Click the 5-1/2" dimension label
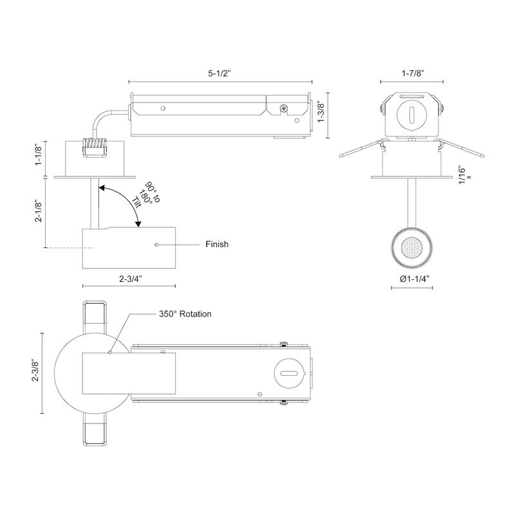[x=220, y=73]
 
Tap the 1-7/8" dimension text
[x=413, y=73]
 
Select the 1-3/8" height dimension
[x=321, y=112]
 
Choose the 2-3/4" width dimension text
[x=131, y=279]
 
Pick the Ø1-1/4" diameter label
[x=415, y=279]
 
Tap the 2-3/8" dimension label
[x=35, y=371]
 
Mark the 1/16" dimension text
[x=463, y=176]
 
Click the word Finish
[x=217, y=245]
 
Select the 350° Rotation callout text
[x=185, y=314]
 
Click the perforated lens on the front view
[x=411, y=247]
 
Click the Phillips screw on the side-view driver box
[x=283, y=108]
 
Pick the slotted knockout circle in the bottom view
[x=289, y=373]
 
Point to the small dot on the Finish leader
[x=156, y=245]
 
